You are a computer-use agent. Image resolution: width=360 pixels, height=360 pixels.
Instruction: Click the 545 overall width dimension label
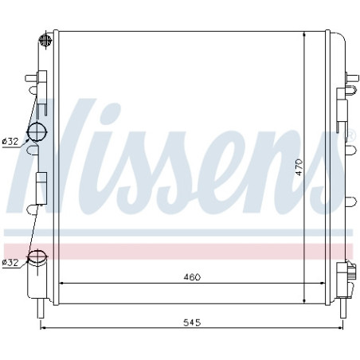tap(192, 323)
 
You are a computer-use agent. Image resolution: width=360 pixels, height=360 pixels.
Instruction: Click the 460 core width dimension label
tap(192, 277)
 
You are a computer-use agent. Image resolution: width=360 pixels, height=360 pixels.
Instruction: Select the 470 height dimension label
tap(299, 167)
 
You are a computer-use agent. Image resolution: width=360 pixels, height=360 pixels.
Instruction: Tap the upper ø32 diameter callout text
tap(10, 142)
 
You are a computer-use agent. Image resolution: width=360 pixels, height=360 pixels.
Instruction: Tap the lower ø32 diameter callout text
tap(10, 263)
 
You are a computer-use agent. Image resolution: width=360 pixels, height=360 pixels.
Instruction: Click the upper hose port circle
tap(37, 131)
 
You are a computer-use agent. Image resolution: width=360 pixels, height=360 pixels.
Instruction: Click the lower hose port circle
tap(37, 256)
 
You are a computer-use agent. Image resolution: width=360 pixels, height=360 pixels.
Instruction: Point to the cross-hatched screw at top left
tap(45, 41)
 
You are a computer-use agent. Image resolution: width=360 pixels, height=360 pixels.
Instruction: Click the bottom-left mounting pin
tap(41, 308)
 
